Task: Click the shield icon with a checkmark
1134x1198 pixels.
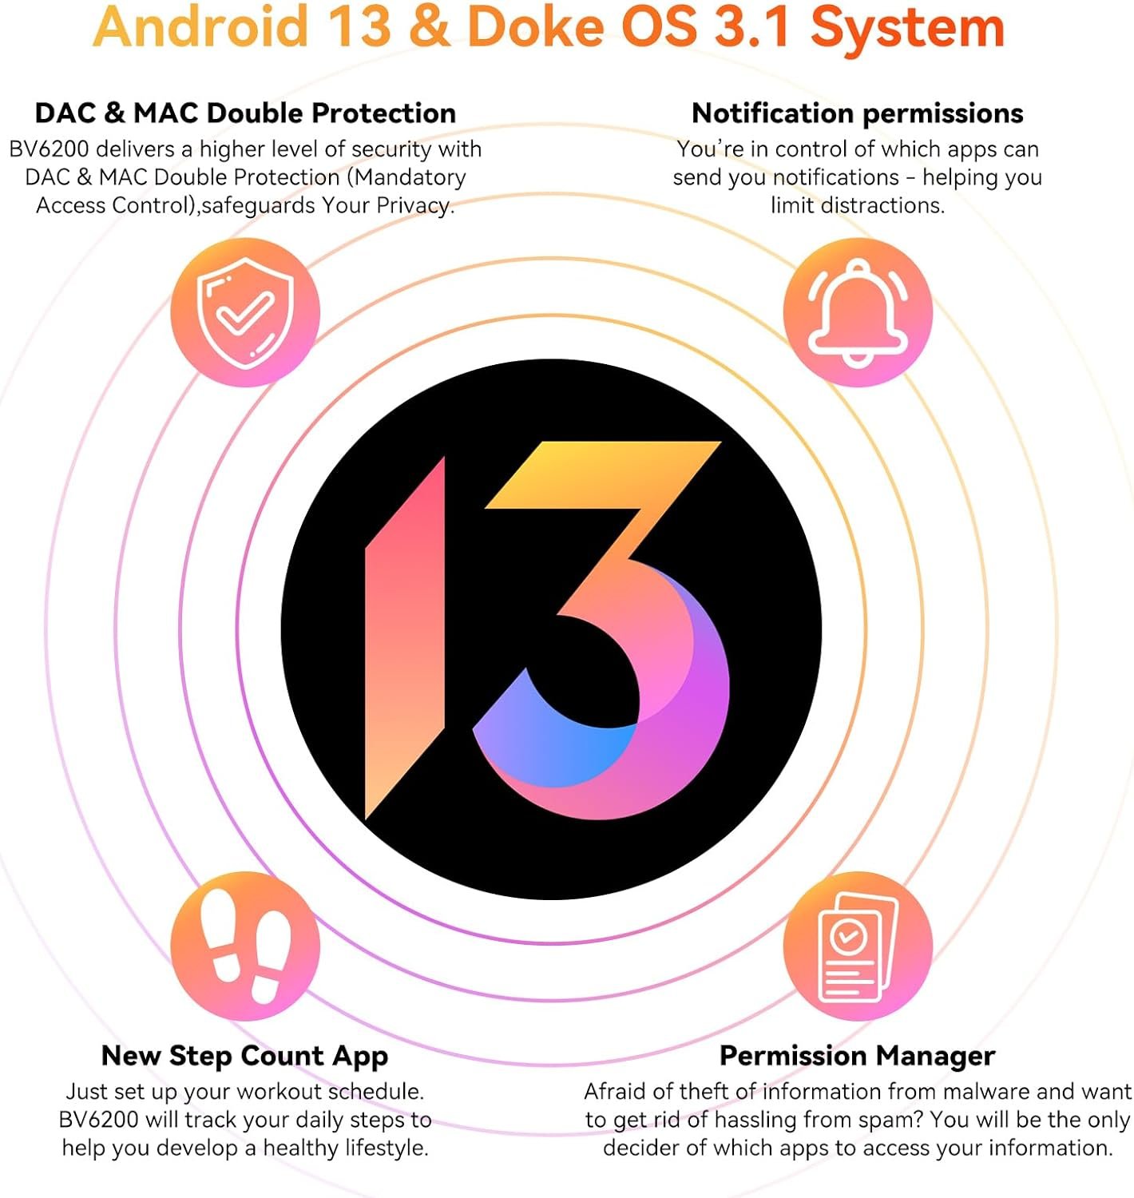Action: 245,312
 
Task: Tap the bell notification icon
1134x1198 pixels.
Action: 858,312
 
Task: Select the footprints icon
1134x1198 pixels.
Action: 245,946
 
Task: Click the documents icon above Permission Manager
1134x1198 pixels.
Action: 858,946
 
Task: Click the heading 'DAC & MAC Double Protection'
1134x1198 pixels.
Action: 245,113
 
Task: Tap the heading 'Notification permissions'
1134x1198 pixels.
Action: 858,114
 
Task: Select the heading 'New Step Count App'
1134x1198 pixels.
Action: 244,1056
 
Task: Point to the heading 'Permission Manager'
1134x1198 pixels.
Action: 858,1056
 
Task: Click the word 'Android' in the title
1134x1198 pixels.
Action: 200,26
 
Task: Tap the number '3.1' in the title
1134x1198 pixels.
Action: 754,27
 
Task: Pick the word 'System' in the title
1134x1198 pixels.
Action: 908,30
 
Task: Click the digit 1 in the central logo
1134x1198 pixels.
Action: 405,637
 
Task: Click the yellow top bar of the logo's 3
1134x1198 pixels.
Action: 603,474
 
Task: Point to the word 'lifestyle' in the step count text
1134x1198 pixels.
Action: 387,1148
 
